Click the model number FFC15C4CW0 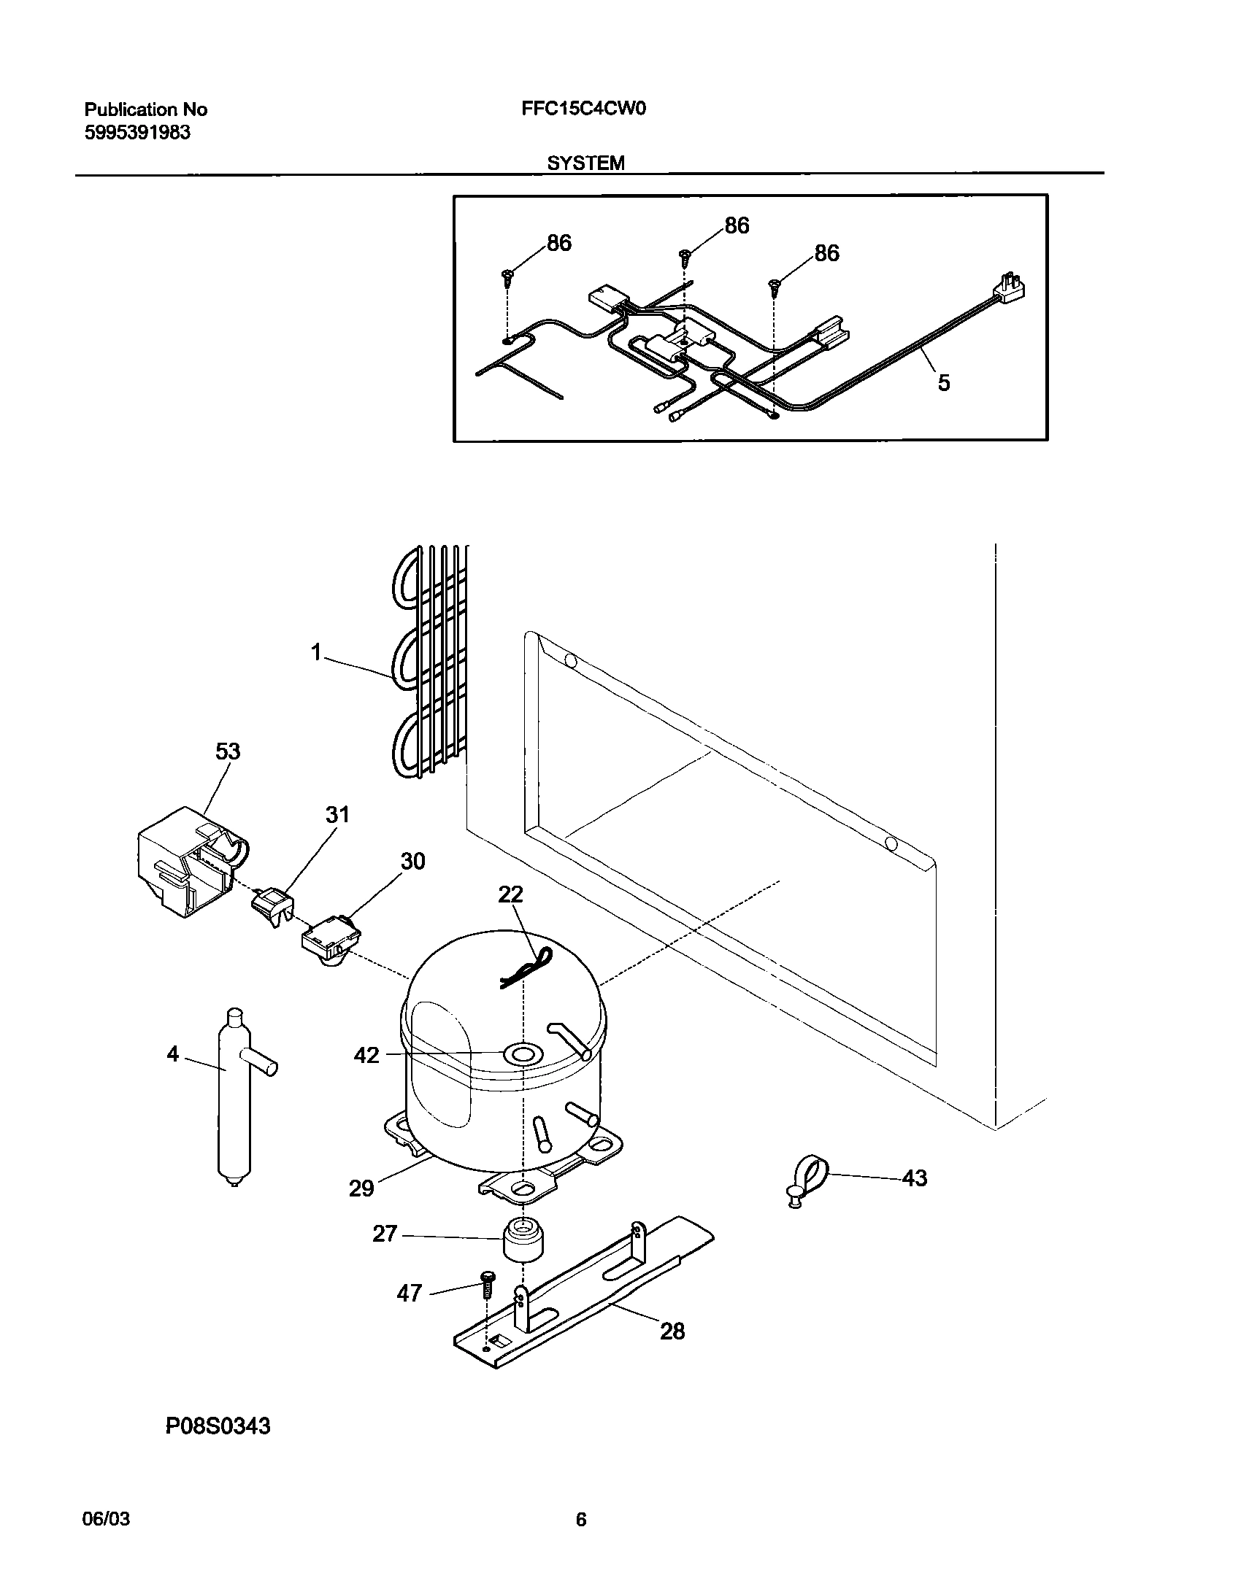point(583,109)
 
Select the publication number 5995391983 point(137,133)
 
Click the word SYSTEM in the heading point(585,163)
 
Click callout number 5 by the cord point(943,382)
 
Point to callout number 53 point(228,751)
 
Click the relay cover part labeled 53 point(186,861)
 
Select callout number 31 point(337,814)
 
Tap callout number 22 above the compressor point(510,894)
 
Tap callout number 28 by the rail point(672,1331)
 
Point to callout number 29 point(361,1188)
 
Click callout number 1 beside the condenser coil point(315,652)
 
